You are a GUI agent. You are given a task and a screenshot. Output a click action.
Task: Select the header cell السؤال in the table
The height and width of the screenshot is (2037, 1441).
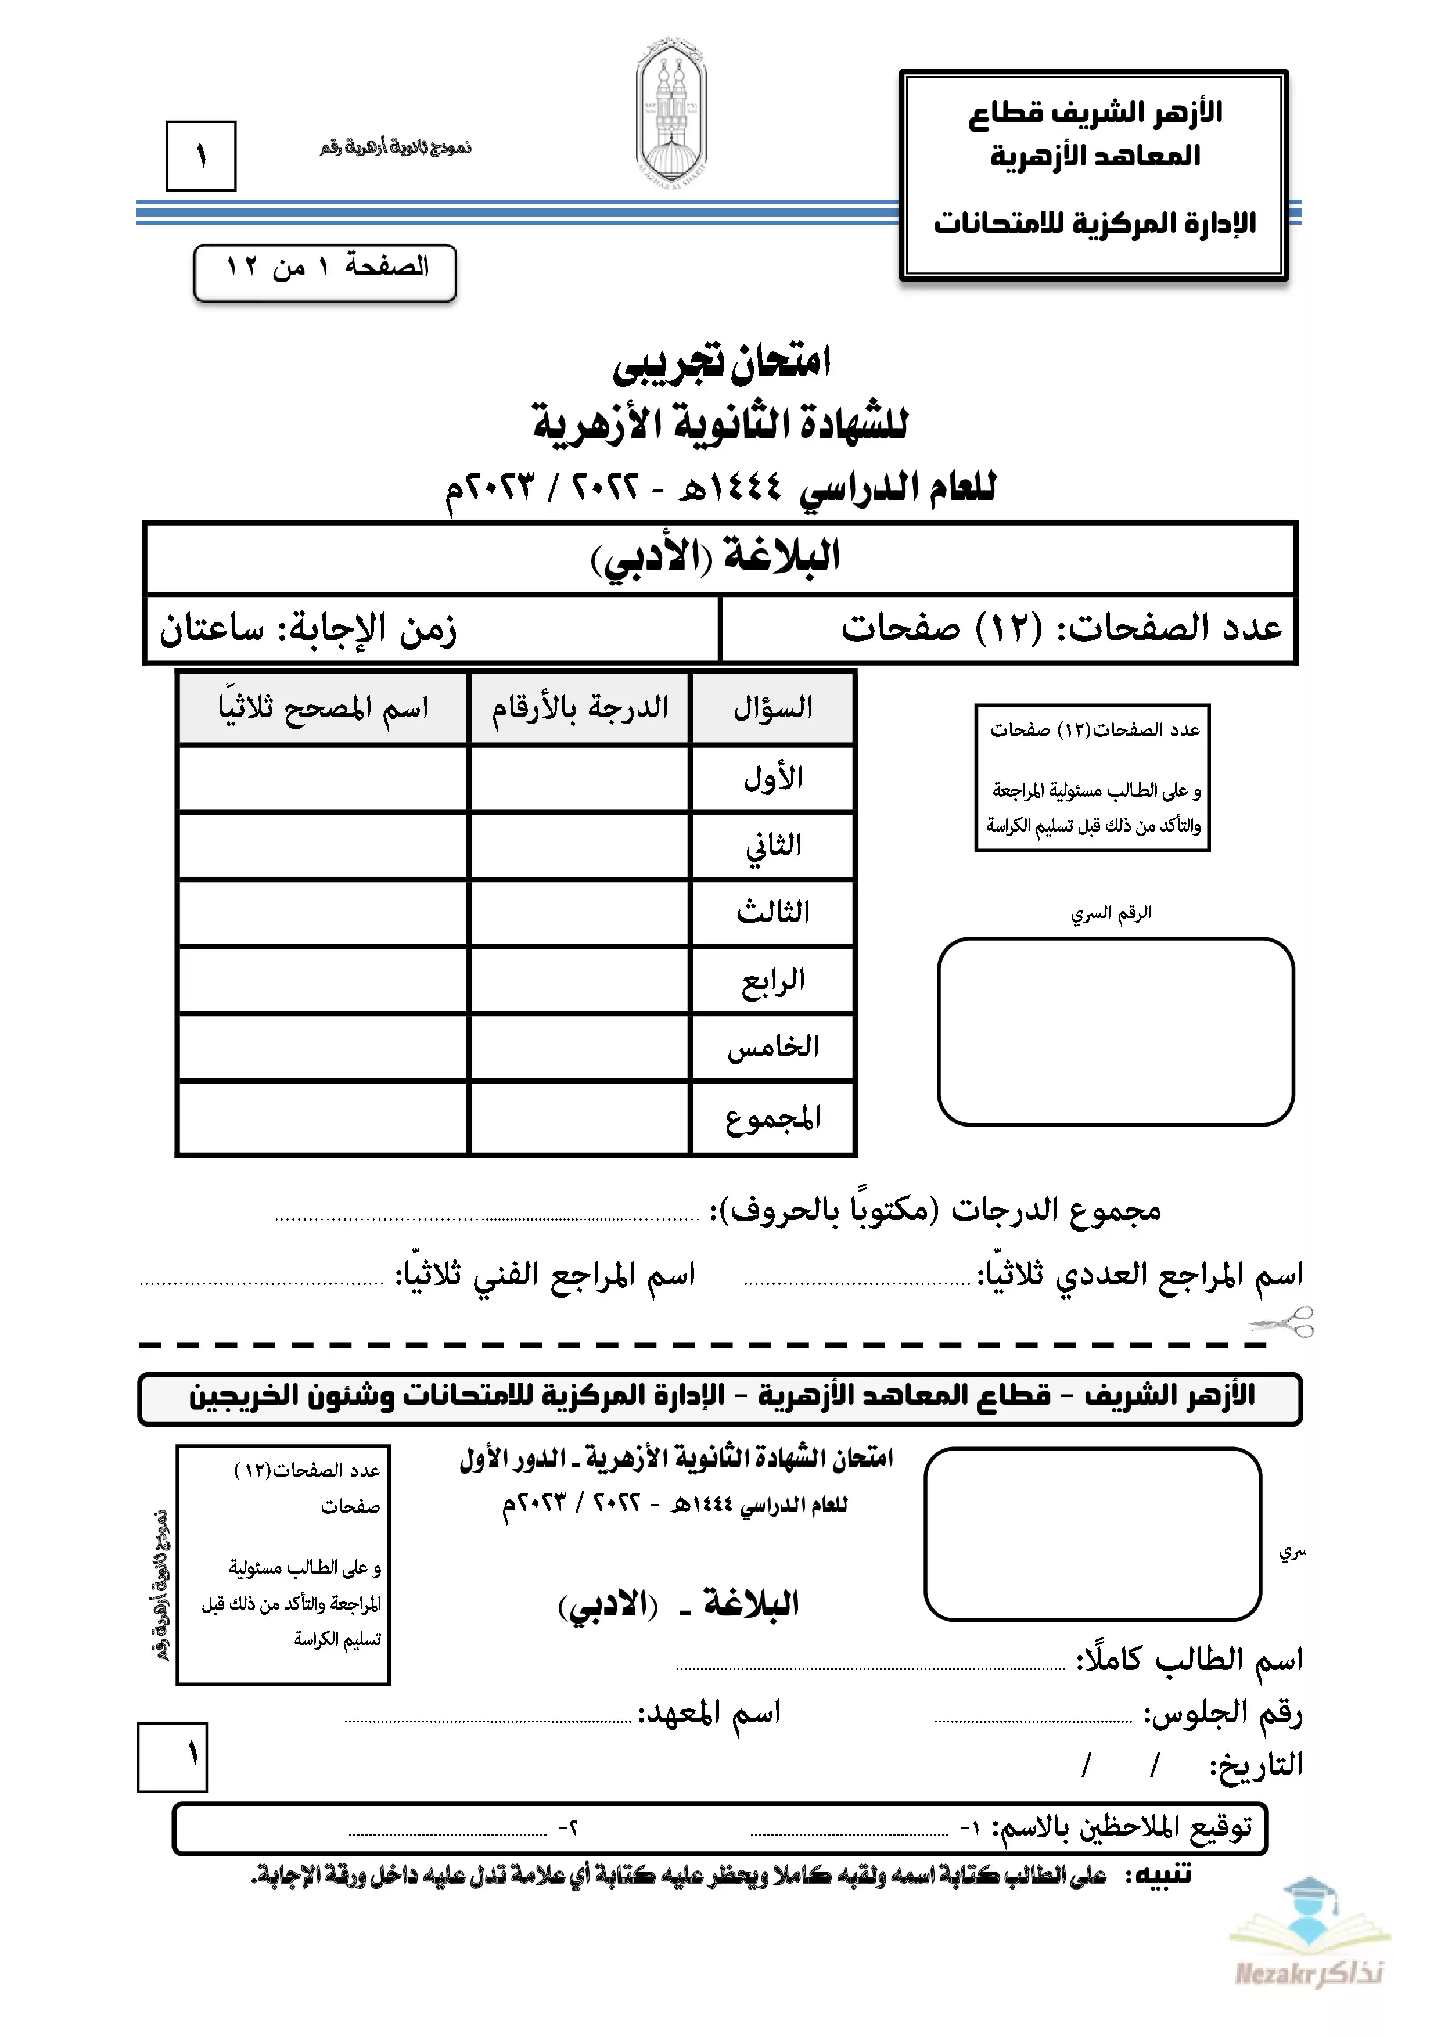click(772, 708)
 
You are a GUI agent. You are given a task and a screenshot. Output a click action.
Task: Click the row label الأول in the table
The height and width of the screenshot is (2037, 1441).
click(772, 779)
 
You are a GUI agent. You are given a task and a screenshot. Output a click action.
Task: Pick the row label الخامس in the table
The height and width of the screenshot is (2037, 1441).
click(772, 1048)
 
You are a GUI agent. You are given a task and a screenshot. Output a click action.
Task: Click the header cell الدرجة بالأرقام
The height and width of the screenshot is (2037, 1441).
click(580, 708)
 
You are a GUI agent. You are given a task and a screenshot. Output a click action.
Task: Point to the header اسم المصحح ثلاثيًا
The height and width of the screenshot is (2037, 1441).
click(323, 708)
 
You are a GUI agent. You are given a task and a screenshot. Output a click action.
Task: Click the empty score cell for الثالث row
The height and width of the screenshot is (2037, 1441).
click(580, 913)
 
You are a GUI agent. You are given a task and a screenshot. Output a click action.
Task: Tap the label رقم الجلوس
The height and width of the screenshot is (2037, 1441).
click(1222, 1711)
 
